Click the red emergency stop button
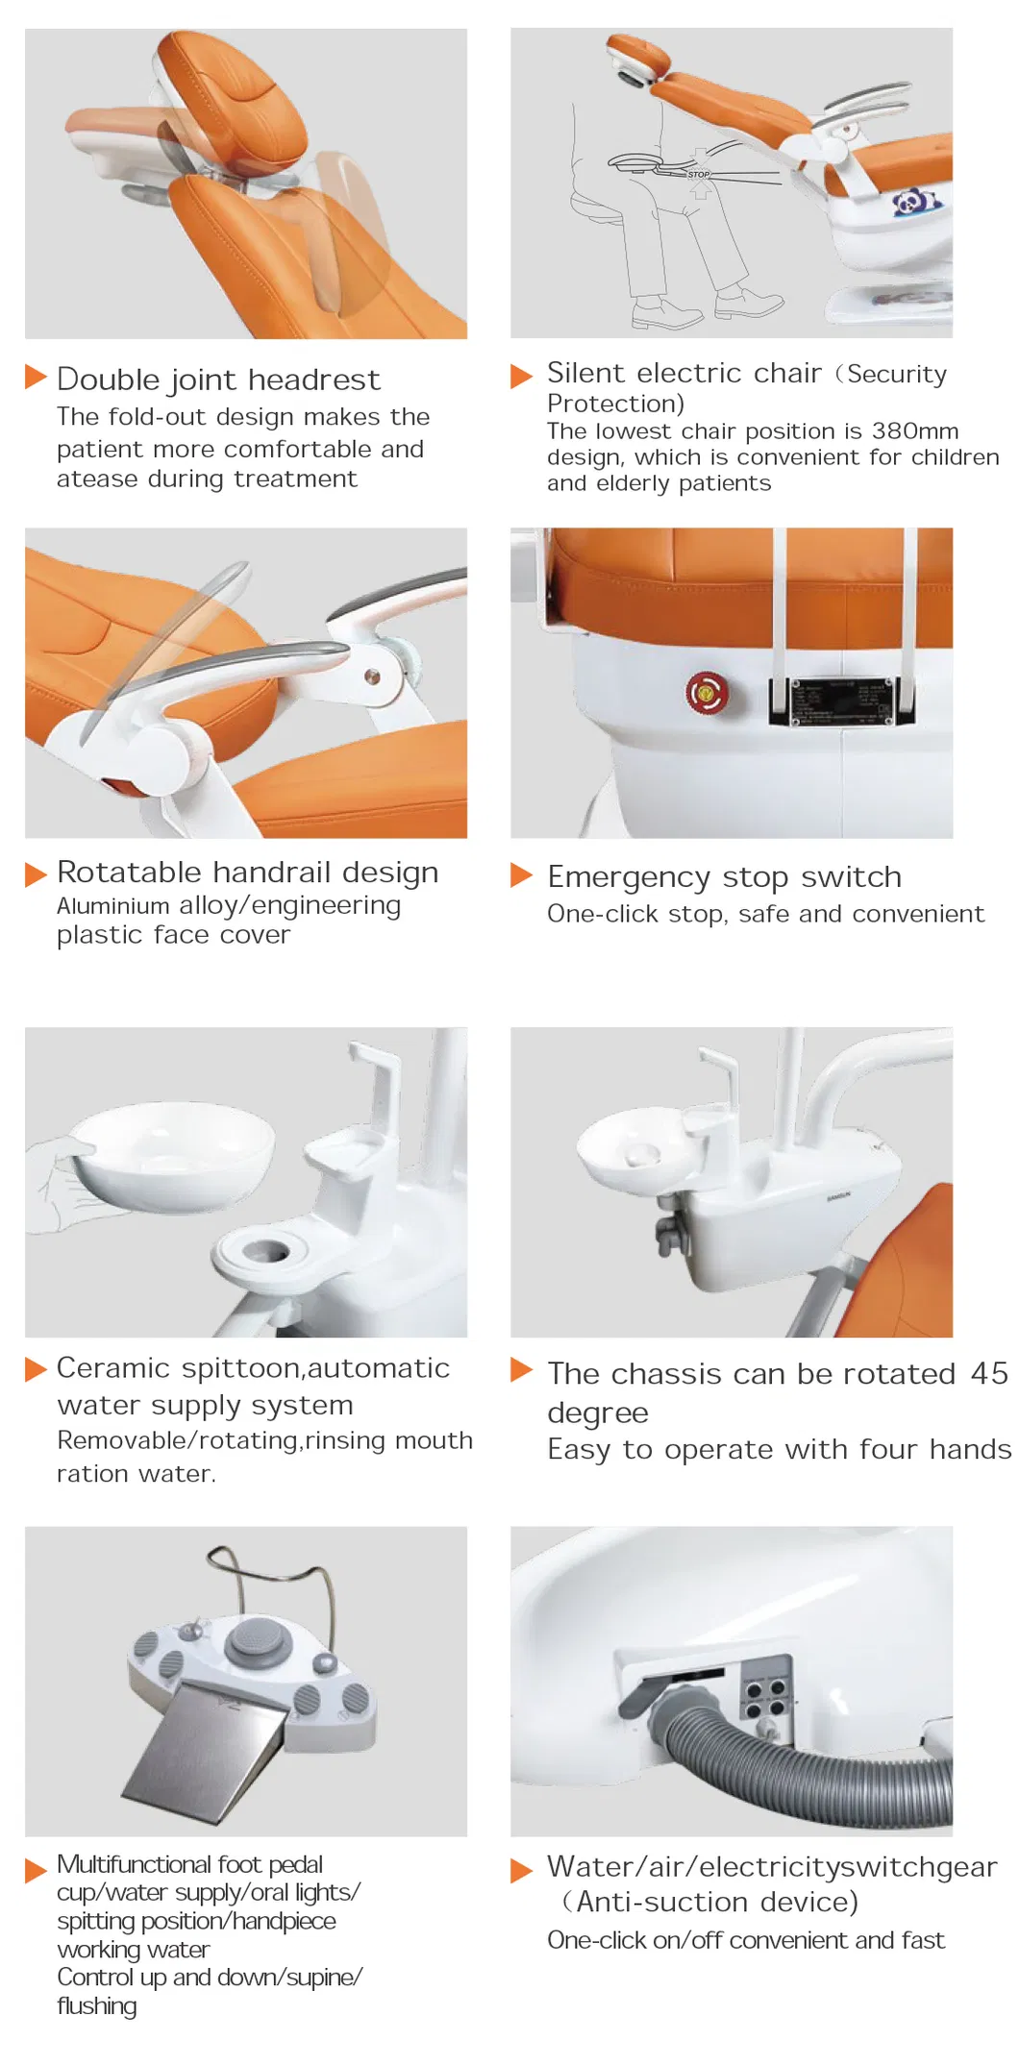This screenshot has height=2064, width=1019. (x=706, y=692)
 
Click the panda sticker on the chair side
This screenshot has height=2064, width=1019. (x=911, y=203)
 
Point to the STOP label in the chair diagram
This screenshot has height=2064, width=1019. (x=698, y=174)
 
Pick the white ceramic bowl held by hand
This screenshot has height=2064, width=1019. (x=173, y=1153)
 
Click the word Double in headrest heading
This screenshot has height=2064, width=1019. (x=107, y=380)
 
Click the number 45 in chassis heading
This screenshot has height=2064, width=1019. (x=988, y=1373)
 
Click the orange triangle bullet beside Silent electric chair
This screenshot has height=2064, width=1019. (x=521, y=375)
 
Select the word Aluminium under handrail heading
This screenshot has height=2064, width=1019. (x=112, y=906)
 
